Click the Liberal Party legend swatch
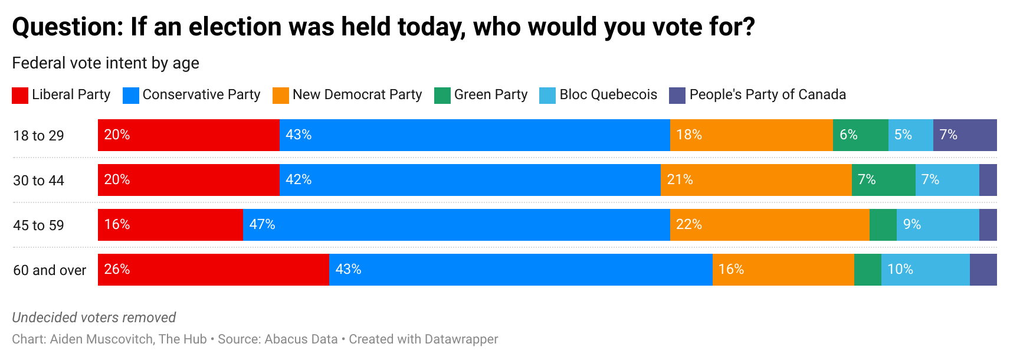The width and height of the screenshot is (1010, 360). click(x=20, y=96)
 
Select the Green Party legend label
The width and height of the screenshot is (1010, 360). click(x=490, y=94)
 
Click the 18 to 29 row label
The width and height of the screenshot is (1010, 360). click(x=38, y=136)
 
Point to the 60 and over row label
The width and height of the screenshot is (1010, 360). click(x=50, y=270)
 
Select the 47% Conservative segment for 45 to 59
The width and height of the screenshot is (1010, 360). click(x=456, y=225)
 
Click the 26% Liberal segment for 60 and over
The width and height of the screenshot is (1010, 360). click(x=213, y=270)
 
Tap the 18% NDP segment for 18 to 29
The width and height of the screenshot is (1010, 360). click(x=751, y=135)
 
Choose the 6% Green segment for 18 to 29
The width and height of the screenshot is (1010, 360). click(x=860, y=135)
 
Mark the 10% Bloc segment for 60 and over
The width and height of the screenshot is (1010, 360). click(x=925, y=270)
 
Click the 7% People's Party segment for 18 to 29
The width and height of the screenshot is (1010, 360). click(x=965, y=135)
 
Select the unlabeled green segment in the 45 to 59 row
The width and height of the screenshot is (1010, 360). click(x=883, y=225)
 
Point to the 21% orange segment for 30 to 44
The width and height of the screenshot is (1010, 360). click(x=756, y=180)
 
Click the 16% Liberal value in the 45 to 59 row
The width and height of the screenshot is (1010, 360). click(x=117, y=225)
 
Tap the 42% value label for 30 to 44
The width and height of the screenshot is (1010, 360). click(x=299, y=180)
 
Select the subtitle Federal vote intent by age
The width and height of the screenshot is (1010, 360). click(x=106, y=63)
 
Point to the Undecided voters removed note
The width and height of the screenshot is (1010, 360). click(x=94, y=318)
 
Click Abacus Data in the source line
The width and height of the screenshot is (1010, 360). click(x=301, y=339)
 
